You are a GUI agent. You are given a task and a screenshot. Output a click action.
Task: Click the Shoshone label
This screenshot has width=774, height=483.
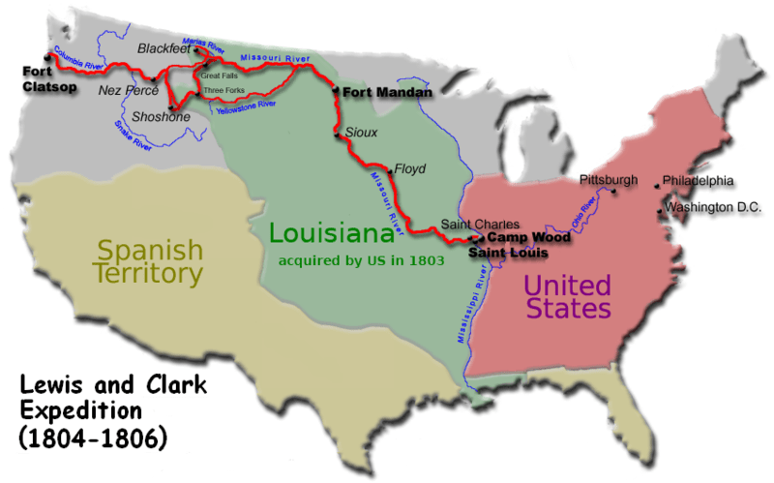[152, 117]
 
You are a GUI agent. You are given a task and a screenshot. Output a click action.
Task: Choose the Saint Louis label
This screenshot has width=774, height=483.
[508, 253]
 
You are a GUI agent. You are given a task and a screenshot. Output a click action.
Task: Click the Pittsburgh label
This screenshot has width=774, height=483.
[609, 180]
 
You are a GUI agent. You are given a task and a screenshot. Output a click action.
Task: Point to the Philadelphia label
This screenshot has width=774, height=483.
[699, 180]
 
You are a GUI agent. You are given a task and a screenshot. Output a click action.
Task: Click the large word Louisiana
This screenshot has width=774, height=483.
[330, 232]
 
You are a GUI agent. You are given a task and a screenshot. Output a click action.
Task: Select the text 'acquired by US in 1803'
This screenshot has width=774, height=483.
[361, 260]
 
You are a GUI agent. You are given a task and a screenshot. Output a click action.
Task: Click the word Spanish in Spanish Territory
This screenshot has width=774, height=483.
[149, 250]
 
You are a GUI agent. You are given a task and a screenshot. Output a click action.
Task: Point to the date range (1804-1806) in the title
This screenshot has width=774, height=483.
[94, 436]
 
